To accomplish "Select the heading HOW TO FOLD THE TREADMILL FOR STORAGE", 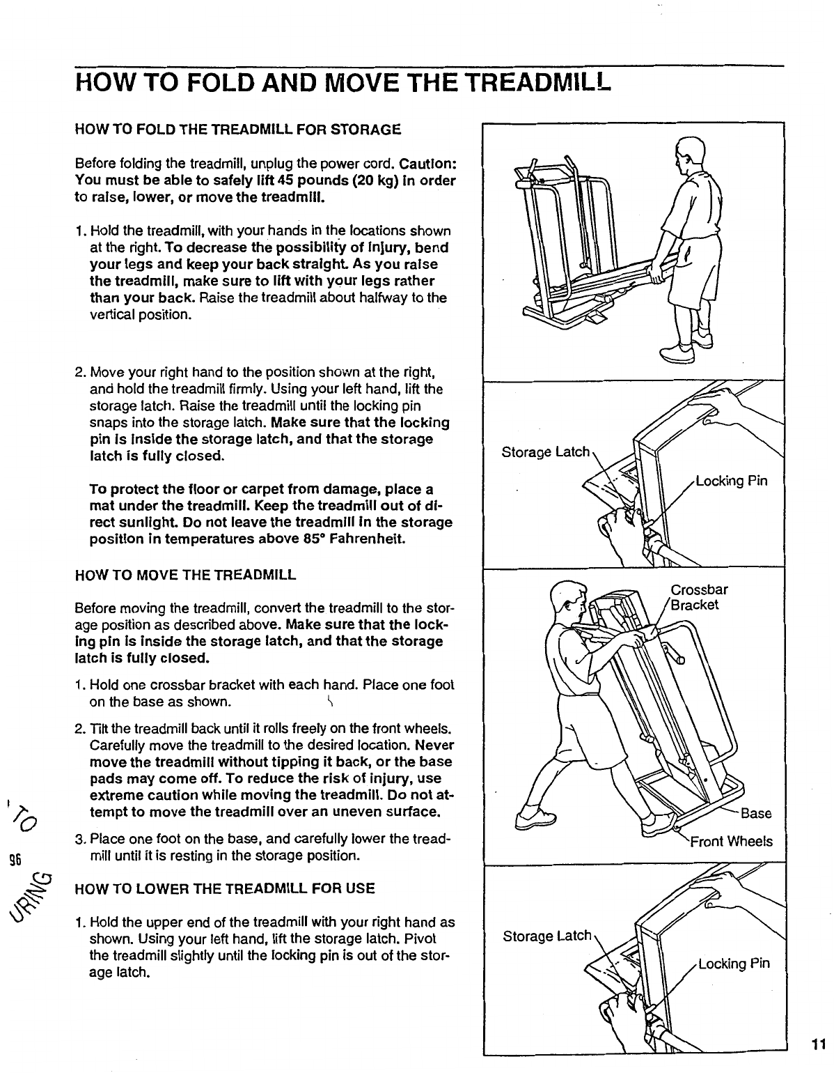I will tap(237, 130).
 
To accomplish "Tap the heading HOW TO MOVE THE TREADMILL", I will tap(185, 575).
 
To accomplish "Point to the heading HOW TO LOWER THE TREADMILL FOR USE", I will tap(225, 888).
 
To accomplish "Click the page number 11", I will tap(818, 1043).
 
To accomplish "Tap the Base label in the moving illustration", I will tap(756, 814).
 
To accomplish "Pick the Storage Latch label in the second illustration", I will tap(546, 452).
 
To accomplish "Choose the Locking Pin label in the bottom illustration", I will tap(734, 964).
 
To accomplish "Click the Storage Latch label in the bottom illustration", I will tap(546, 936).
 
